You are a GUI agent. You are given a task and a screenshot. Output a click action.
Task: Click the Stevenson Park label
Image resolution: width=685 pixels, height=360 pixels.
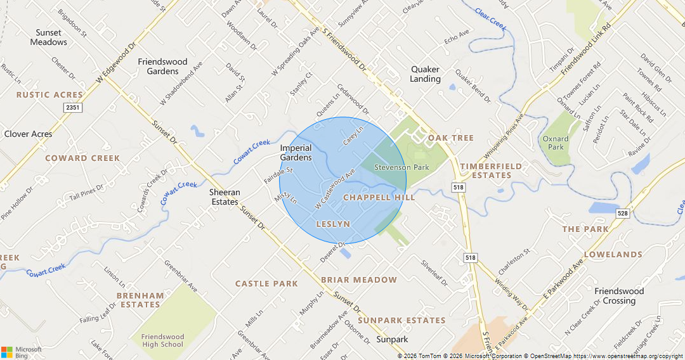coord(401,167)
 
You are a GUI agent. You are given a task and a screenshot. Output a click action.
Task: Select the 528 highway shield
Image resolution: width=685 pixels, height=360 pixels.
coord(622,214)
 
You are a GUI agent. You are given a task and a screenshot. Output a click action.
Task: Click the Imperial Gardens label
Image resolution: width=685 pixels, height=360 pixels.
coord(296,153)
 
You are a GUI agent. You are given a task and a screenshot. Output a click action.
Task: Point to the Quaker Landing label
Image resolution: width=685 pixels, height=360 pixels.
coord(425,74)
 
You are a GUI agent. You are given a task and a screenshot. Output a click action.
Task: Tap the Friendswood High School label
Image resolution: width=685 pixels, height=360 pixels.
coord(162,341)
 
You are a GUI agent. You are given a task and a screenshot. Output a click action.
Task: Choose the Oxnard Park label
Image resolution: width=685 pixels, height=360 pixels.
coord(555,143)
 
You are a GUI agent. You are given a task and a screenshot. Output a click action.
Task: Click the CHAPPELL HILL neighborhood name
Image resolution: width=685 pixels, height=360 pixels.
coord(379,198)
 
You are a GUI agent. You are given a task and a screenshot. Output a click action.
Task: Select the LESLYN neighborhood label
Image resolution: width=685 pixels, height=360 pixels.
coord(333,224)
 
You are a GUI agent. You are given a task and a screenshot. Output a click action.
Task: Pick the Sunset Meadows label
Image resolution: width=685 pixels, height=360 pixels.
coord(48,37)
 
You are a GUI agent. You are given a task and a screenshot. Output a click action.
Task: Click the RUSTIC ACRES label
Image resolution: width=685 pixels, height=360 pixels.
coord(49,95)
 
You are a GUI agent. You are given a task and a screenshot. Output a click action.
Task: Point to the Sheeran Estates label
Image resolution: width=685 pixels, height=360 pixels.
coord(225,197)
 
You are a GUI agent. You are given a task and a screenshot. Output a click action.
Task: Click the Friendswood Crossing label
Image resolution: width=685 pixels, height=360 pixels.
coord(619,296)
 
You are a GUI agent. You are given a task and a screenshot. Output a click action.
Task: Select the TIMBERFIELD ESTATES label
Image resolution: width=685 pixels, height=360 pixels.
coord(491,170)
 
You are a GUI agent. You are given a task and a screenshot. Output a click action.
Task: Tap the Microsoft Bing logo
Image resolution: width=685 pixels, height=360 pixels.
coord(22,352)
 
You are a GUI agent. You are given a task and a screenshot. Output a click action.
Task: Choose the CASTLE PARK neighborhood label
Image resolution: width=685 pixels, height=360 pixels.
coord(266,284)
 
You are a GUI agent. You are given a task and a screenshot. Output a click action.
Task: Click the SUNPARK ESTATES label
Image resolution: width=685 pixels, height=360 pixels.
coord(401,321)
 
